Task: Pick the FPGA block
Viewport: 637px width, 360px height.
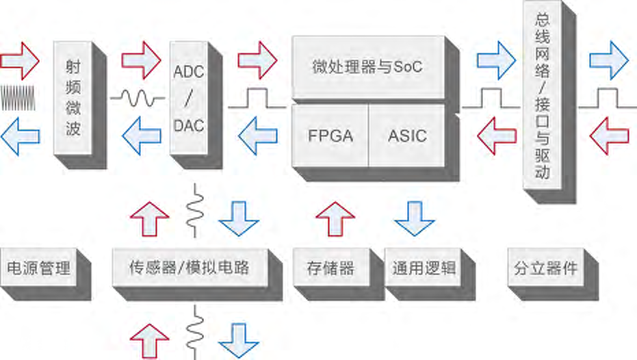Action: [x=330, y=136]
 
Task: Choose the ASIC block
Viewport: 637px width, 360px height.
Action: [x=406, y=136]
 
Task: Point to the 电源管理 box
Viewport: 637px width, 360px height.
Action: [x=38, y=268]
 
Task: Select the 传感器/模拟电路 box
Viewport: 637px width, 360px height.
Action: [x=189, y=268]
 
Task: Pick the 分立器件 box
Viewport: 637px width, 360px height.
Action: [x=545, y=268]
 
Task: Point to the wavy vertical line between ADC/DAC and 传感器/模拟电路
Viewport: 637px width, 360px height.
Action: [x=197, y=205]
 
